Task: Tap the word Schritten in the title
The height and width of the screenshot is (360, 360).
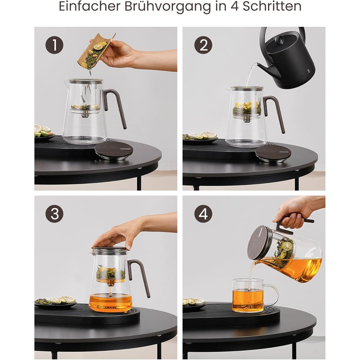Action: [272, 6]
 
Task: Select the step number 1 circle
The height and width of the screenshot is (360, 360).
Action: [55, 45]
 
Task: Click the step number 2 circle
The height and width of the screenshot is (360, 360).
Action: [204, 45]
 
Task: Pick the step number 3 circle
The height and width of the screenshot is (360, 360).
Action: [55, 214]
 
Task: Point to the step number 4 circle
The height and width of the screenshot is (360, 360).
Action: [204, 214]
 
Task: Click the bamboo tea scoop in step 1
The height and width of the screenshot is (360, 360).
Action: [95, 51]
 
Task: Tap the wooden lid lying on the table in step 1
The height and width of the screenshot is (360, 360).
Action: [114, 150]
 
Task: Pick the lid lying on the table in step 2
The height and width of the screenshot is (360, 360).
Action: [273, 153]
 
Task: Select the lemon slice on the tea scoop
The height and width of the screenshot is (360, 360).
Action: [98, 47]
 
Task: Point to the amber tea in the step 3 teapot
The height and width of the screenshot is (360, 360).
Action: [111, 302]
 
